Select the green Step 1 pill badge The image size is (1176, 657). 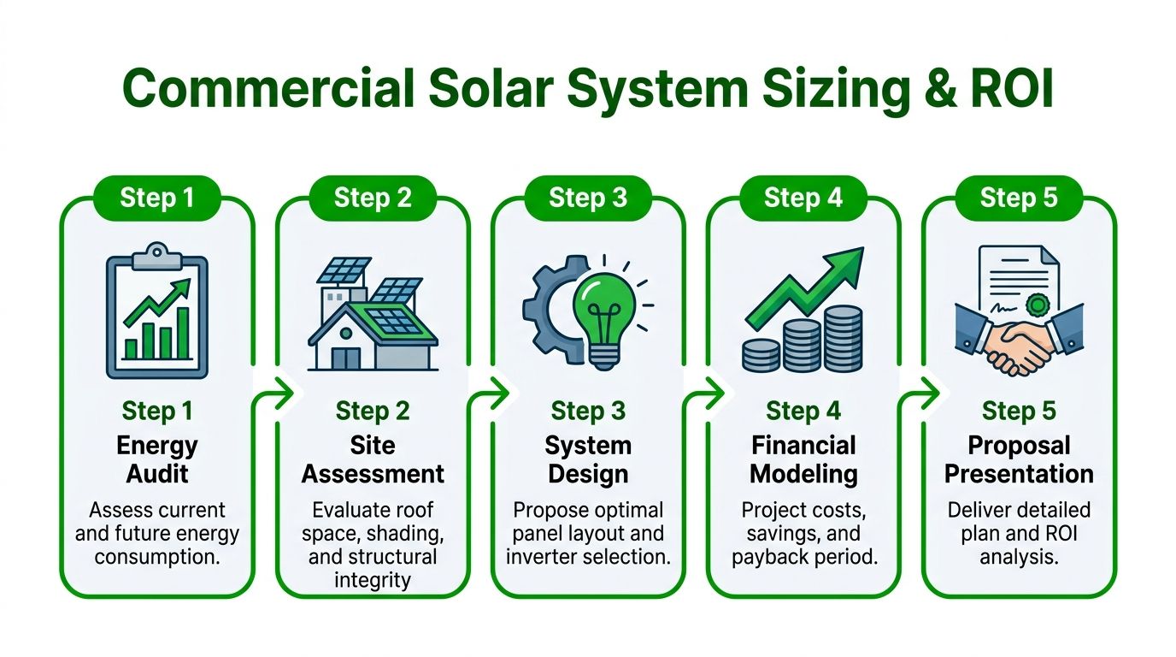[157, 198]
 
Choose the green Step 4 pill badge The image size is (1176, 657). [803, 198]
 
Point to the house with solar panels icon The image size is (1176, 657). [373, 314]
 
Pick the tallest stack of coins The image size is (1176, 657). [843, 339]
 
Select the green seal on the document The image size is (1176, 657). [1037, 305]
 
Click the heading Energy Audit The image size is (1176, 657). [157, 459]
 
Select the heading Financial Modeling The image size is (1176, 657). [803, 459]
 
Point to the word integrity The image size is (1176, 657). [373, 580]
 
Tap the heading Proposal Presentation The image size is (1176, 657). [1019, 459]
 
